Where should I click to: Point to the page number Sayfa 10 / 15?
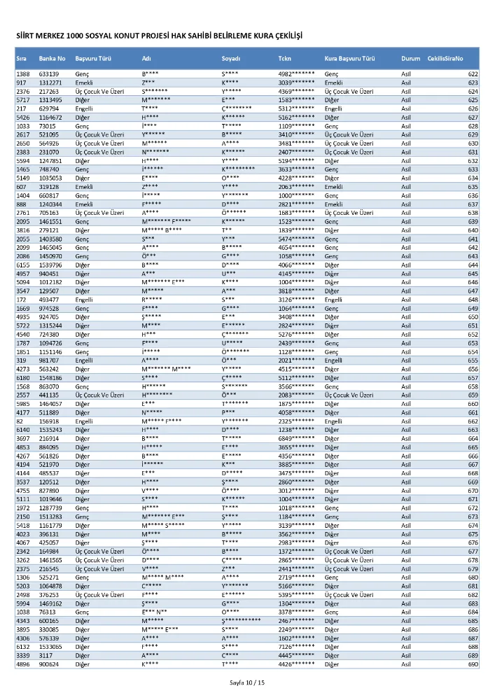[x=247, y=682]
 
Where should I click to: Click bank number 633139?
[x=49, y=73]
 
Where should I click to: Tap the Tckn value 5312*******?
[x=296, y=108]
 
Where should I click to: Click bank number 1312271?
[x=50, y=83]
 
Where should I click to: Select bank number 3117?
[x=45, y=655]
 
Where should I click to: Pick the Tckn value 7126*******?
[x=296, y=647]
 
